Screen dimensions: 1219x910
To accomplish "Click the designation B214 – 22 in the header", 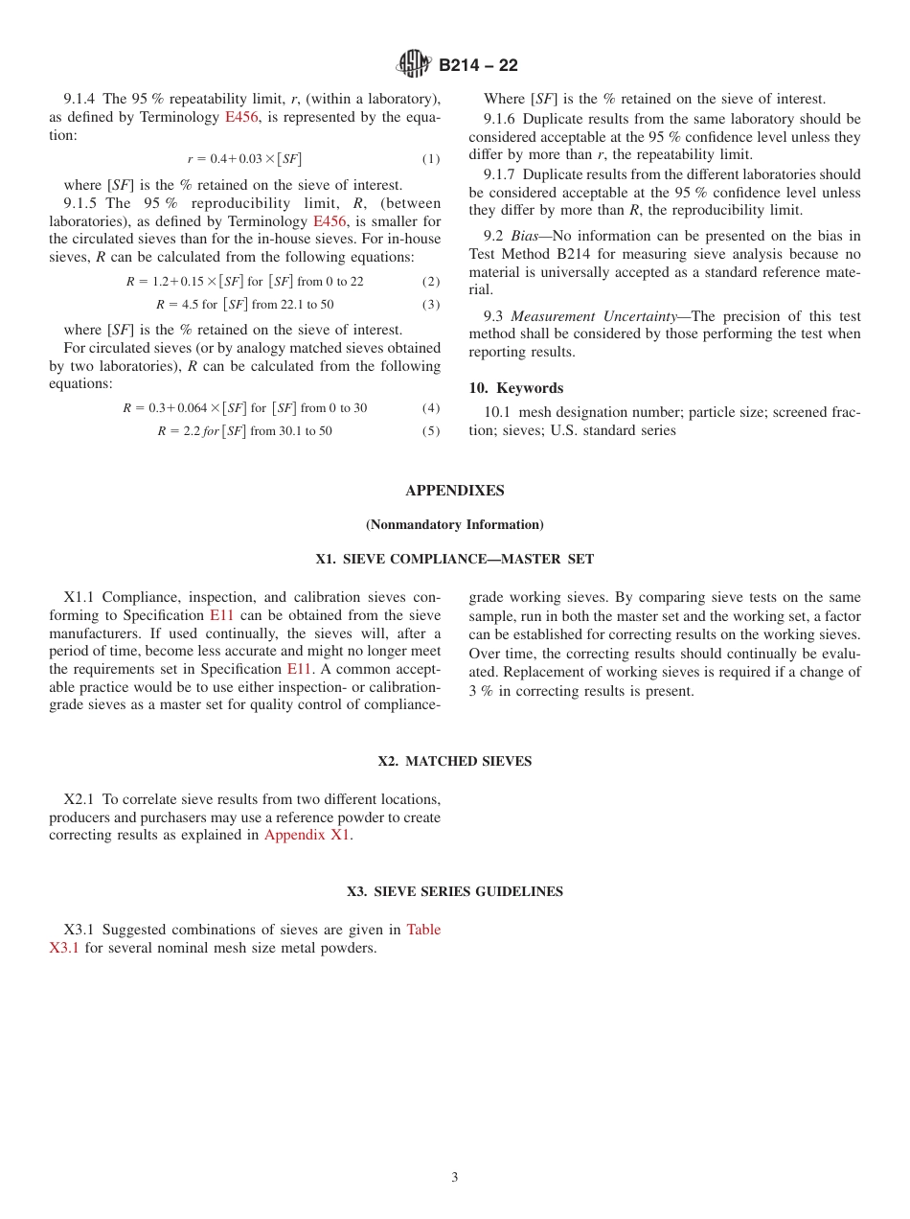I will [478, 66].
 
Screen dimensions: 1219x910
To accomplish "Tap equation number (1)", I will [431, 159].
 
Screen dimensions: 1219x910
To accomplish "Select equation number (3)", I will [431, 305].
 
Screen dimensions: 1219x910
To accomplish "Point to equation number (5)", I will [431, 431].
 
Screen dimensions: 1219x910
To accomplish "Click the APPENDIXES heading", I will [454, 491].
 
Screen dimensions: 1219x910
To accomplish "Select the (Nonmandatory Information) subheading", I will [454, 524].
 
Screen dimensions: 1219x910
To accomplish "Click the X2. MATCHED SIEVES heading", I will [454, 761].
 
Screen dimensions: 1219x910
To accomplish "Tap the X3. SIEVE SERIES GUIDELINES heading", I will [454, 891].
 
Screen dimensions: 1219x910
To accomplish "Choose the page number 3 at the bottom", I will [454, 1177].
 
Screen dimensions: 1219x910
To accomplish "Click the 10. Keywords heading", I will [515, 388].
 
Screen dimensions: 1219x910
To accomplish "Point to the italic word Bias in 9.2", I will [526, 236].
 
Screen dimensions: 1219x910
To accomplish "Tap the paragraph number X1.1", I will [80, 598].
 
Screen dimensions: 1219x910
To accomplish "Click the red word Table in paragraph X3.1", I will [423, 930].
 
